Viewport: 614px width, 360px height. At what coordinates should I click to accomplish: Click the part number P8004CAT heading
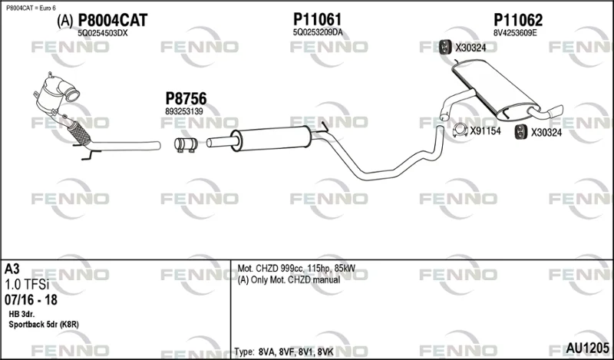click(x=113, y=20)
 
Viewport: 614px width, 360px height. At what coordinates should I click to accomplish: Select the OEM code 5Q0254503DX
click(x=103, y=33)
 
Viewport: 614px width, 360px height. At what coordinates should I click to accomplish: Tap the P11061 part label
click(x=317, y=19)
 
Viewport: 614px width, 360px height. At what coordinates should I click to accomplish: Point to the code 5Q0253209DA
click(x=318, y=32)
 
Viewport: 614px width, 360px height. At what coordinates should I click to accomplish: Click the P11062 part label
click(x=518, y=20)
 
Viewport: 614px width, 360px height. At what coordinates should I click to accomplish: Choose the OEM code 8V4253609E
click(x=515, y=33)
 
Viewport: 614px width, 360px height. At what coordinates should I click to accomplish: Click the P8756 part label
click(x=186, y=99)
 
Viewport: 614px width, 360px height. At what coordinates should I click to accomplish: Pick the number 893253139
click(x=184, y=111)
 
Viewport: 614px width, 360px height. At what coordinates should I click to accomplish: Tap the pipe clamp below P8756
click(x=186, y=144)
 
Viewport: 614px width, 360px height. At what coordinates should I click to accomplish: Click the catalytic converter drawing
click(x=55, y=93)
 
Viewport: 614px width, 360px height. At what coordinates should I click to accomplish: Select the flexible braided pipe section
click(x=79, y=134)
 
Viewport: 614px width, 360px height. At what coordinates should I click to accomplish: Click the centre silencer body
click(x=272, y=138)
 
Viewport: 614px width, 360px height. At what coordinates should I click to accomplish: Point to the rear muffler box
click(x=496, y=90)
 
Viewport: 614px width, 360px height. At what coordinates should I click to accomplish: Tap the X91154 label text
click(x=486, y=131)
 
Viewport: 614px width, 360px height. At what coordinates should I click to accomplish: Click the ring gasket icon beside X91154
click(x=460, y=130)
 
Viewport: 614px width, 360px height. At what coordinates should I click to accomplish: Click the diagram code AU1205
click(x=587, y=348)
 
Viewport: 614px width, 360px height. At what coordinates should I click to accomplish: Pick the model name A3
click(x=12, y=269)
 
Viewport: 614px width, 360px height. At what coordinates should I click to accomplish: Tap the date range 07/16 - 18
click(x=31, y=299)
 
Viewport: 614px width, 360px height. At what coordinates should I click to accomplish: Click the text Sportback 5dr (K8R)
click(x=44, y=325)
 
